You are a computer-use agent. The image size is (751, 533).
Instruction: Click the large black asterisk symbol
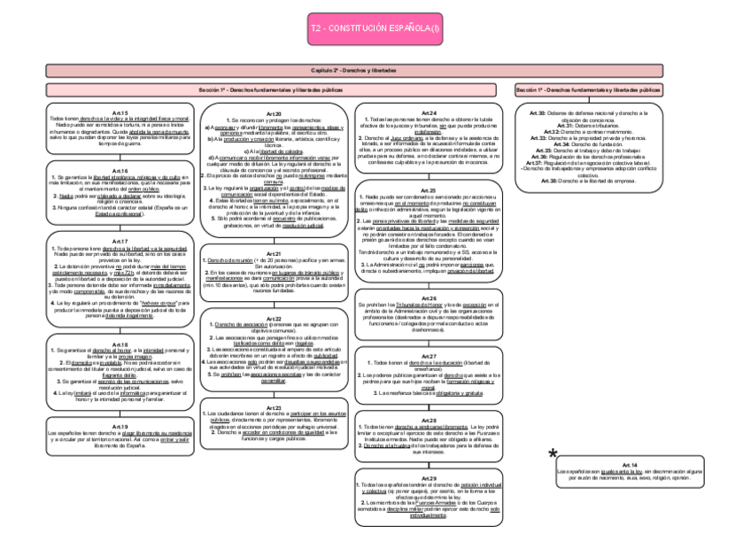553,454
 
